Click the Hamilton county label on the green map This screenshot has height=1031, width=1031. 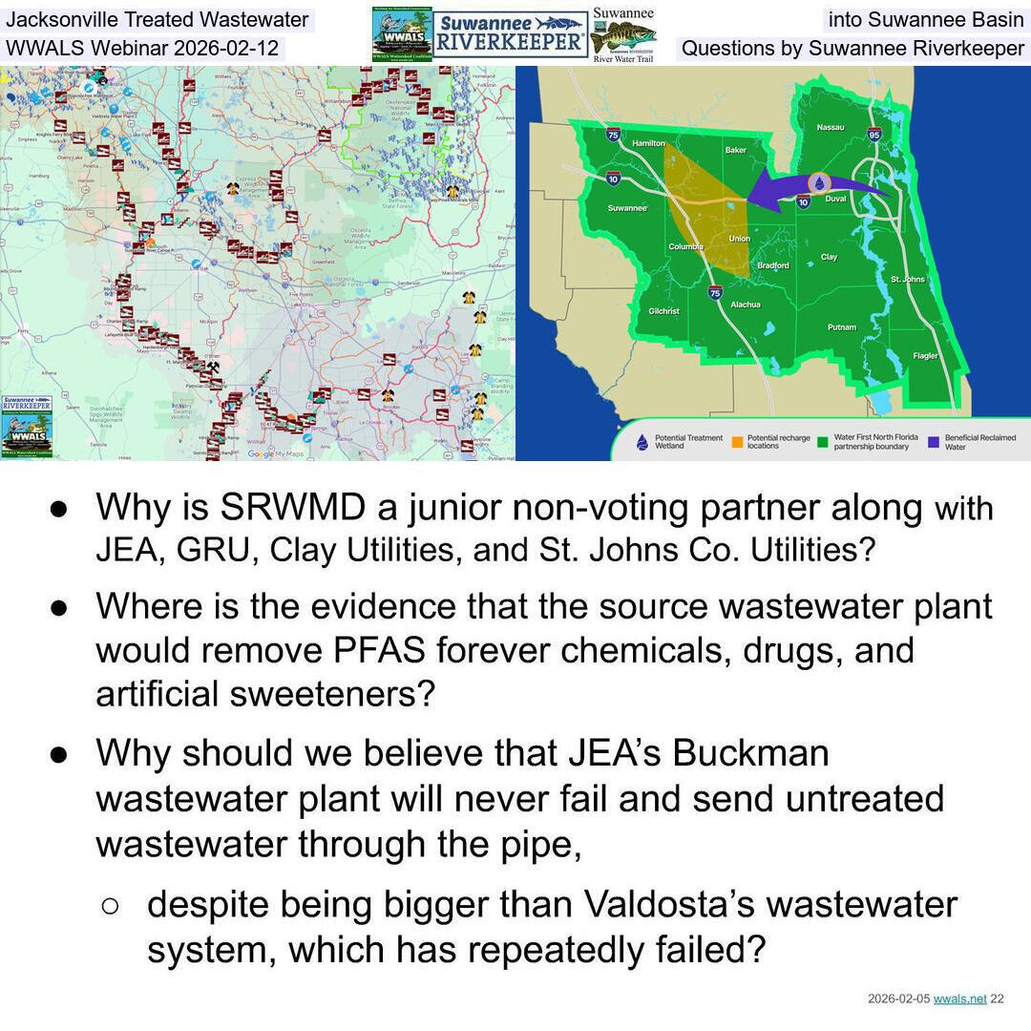point(648,143)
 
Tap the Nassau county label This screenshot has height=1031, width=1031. point(830,127)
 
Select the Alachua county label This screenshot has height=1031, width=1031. point(746,305)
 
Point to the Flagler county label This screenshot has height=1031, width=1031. point(925,355)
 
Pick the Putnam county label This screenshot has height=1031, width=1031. point(842,327)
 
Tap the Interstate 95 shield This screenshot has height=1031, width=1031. point(874,135)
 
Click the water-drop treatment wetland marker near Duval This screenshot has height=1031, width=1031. point(819,183)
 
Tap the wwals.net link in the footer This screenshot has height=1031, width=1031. point(959,999)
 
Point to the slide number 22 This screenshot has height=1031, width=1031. point(997,999)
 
